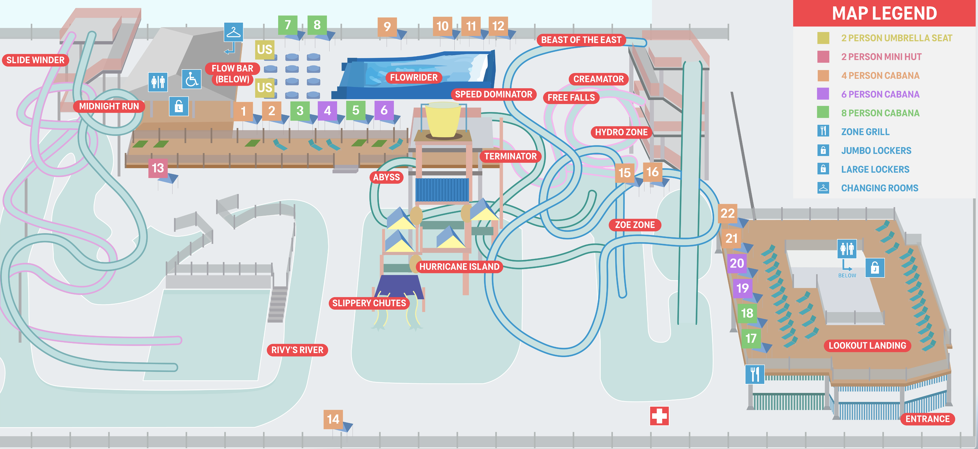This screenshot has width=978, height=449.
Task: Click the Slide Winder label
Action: (35, 60)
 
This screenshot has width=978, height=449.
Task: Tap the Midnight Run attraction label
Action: (109, 106)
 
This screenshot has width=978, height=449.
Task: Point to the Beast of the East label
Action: (581, 40)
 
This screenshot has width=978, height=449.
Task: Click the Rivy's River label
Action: (297, 350)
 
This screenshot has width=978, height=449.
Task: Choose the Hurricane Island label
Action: (459, 266)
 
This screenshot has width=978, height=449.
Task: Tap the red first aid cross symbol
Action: (659, 416)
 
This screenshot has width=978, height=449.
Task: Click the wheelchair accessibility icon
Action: (191, 79)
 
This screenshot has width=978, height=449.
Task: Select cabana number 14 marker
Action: (333, 419)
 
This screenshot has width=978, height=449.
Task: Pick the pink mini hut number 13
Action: (158, 168)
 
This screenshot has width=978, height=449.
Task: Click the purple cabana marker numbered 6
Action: (384, 110)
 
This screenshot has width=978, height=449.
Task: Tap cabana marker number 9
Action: (387, 26)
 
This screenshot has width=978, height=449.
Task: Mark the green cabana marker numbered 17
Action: (751, 338)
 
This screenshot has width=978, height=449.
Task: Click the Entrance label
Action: (927, 419)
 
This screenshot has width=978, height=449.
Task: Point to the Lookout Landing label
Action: (867, 345)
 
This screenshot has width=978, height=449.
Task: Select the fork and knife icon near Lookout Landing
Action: (755, 375)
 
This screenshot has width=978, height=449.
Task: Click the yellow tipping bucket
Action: (443, 120)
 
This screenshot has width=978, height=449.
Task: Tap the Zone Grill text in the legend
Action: (865, 132)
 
